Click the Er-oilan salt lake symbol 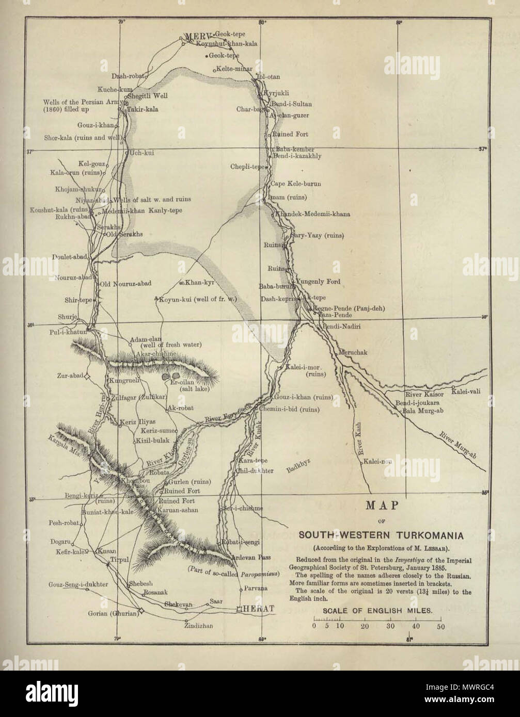171,377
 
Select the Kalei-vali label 468,392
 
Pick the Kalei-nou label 377,462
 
